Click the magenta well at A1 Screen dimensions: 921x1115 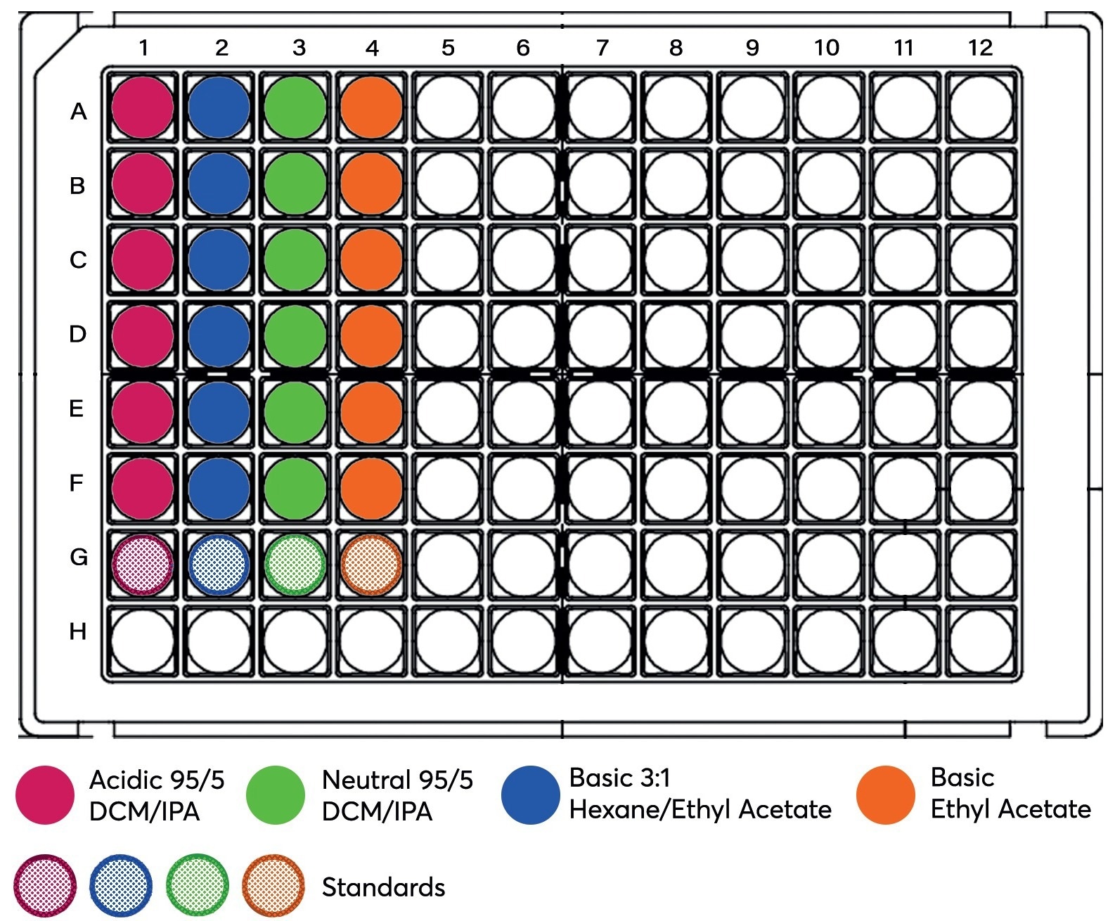tap(143, 108)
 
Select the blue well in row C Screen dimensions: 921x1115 tap(219, 259)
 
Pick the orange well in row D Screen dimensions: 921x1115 tap(371, 335)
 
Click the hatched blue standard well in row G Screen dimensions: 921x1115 tap(219, 564)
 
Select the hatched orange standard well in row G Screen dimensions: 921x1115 tap(371, 564)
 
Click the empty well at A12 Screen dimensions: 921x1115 tap(981, 108)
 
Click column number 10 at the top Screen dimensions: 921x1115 tap(827, 48)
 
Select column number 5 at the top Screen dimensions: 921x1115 tap(448, 48)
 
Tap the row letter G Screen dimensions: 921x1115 tap(79, 558)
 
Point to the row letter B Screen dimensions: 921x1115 tap(78, 186)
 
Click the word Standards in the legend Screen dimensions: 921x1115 tap(383, 887)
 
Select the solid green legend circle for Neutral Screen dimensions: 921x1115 tap(276, 795)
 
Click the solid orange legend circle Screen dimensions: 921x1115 tap(886, 795)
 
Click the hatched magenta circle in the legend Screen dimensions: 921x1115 tap(45, 885)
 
